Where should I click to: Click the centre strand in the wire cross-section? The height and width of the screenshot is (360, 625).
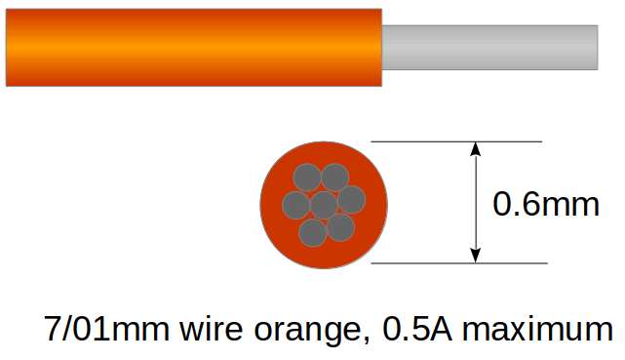pos(324,205)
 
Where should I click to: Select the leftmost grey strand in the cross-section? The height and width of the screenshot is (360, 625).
pos(295,205)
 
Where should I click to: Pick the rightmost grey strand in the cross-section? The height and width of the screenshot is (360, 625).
pos(352,200)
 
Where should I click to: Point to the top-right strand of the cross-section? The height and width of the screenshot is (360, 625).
pos(335,177)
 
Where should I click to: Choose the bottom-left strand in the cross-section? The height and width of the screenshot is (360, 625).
pos(312,233)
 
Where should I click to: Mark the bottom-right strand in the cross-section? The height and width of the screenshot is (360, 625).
pos(340,227)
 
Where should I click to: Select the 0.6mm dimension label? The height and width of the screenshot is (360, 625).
pos(545,204)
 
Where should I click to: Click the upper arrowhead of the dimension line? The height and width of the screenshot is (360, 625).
pos(476,149)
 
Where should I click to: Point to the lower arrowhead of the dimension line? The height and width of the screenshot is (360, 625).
pos(476,256)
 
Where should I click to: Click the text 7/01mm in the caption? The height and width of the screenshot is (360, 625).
pos(107,330)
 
